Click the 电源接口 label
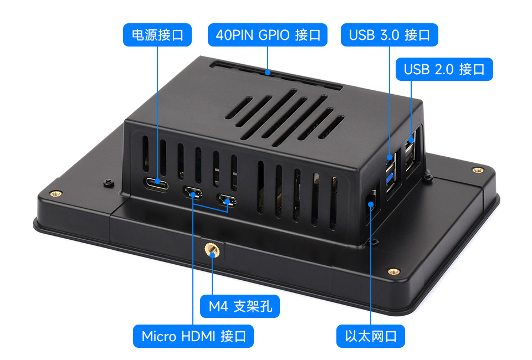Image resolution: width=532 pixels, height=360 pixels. coord(157,35)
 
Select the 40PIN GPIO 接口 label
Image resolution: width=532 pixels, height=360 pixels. coord(268,35)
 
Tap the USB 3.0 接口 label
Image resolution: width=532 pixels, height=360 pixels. coord(390,35)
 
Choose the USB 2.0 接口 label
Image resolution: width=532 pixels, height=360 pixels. coord(444,69)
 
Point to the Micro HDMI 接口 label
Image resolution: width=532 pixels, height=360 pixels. coord(193,336)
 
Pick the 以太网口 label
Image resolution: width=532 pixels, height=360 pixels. coord(371,336)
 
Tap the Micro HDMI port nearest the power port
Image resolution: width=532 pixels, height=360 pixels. coord(193,193)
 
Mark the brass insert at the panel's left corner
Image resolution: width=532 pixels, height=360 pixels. coord(55,193)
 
